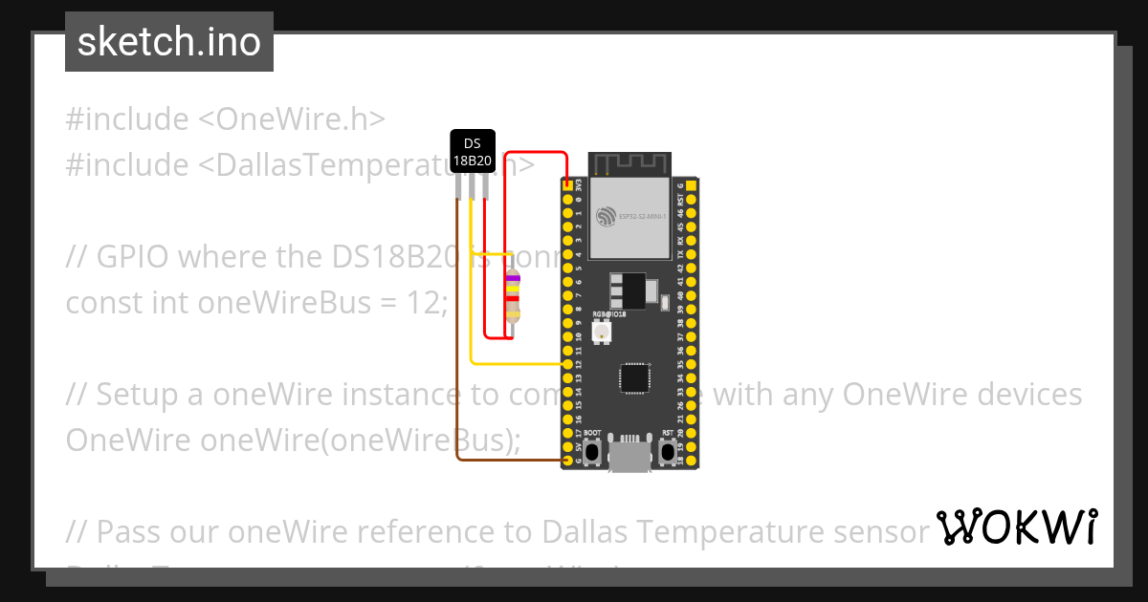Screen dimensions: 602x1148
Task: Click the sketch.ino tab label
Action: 169,42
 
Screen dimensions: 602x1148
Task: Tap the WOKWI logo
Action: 1016,527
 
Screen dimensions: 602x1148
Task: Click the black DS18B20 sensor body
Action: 472,152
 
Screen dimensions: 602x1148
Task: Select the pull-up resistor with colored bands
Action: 513,297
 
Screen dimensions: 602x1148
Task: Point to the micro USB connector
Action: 629,454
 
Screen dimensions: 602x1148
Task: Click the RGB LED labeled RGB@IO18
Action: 603,332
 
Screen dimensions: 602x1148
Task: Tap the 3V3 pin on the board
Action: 567,185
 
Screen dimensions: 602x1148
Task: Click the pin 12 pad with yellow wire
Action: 567,364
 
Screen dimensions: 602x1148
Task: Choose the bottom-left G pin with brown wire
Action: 567,461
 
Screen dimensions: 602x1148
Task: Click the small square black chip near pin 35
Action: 634,377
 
